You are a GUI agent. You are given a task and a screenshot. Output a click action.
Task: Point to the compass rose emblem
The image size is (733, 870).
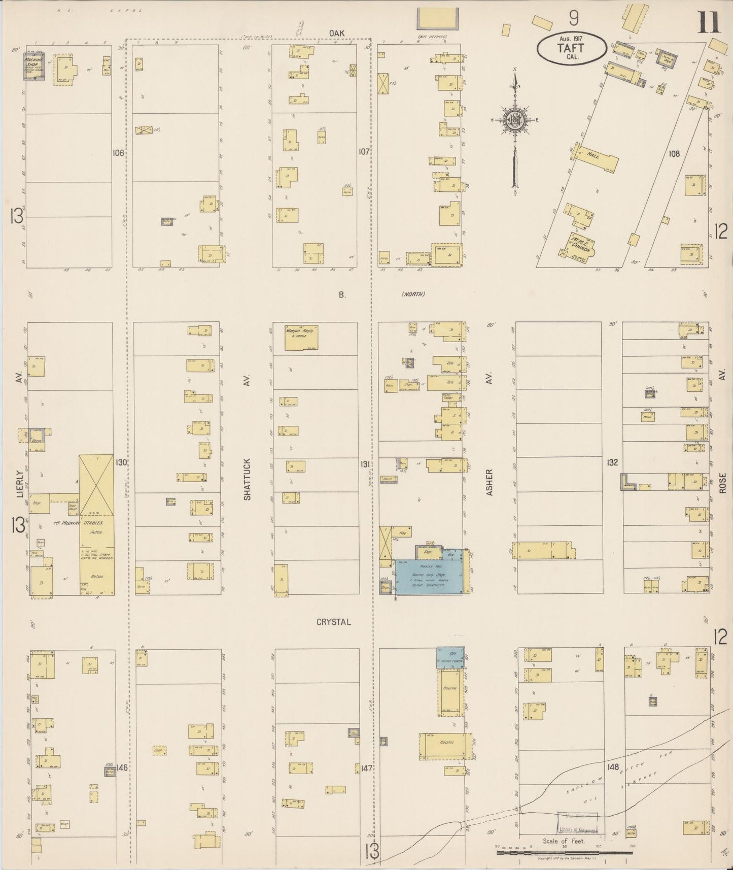coord(515,120)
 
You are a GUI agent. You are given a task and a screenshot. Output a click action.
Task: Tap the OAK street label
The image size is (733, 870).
coord(336,33)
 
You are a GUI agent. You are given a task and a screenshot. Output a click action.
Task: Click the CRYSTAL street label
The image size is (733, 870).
coord(333,622)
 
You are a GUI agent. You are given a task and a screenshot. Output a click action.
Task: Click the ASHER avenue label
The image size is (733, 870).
coord(490,482)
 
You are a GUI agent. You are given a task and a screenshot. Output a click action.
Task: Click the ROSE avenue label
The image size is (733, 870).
coord(722,483)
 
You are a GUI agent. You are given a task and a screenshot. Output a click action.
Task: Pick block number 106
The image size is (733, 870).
coord(118,152)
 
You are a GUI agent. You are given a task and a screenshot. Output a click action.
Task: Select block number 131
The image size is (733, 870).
coord(364,463)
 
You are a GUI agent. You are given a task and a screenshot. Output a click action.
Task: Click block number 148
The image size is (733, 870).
coord(613,767)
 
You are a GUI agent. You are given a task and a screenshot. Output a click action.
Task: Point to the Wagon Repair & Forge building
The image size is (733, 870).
coord(301,337)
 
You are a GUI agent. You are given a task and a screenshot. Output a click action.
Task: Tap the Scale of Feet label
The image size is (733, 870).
coord(564,841)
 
